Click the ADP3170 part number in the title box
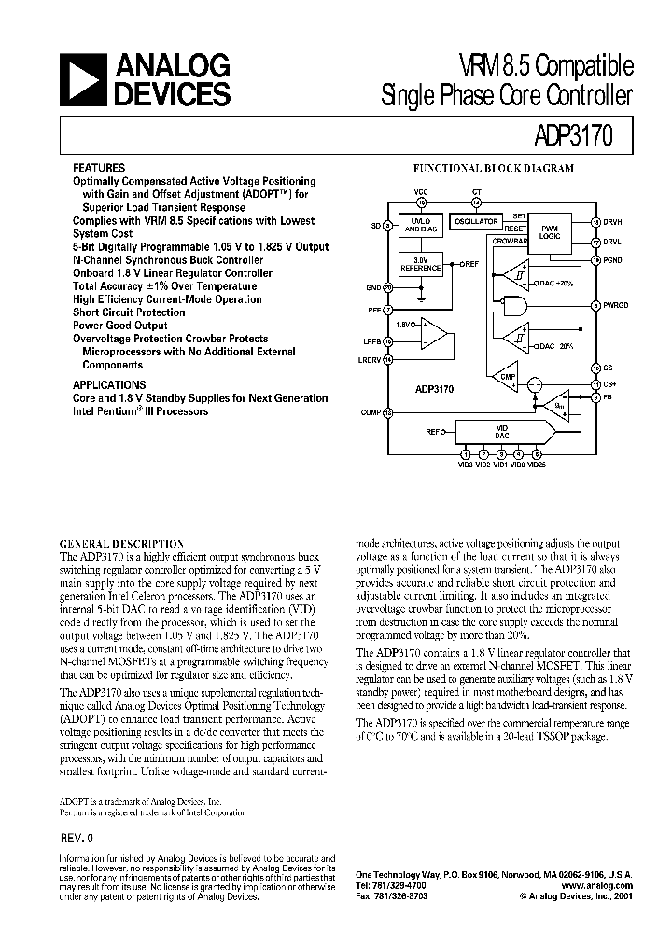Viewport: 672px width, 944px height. tap(587, 134)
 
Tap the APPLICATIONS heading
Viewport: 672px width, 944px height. tap(109, 384)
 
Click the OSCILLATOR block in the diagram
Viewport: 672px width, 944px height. tap(476, 222)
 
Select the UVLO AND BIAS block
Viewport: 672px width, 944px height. tap(420, 227)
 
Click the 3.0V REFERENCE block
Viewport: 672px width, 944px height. tap(420, 264)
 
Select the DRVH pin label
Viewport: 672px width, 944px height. tap(612, 222)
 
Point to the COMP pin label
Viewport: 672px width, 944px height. tap(372, 411)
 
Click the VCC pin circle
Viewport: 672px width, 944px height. tap(421, 201)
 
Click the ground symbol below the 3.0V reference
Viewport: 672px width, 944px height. tap(421, 300)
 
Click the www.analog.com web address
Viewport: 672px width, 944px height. tap(597, 885)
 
